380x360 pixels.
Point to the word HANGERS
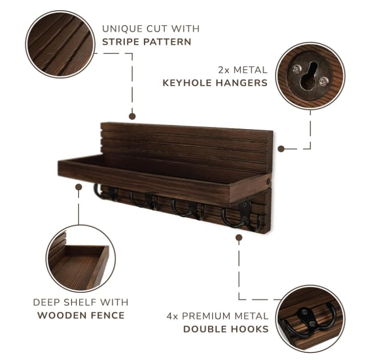click(x=241, y=83)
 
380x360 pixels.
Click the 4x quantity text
click(x=172, y=316)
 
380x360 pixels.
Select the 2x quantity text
click(x=224, y=70)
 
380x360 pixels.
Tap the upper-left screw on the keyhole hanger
click(x=296, y=69)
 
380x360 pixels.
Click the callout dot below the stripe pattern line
click(x=132, y=116)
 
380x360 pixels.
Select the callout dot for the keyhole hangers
click(x=281, y=149)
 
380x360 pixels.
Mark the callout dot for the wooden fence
click(x=78, y=187)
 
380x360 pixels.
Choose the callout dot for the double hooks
click(x=239, y=238)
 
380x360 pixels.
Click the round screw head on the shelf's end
click(x=268, y=181)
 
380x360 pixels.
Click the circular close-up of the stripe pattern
click(x=60, y=44)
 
